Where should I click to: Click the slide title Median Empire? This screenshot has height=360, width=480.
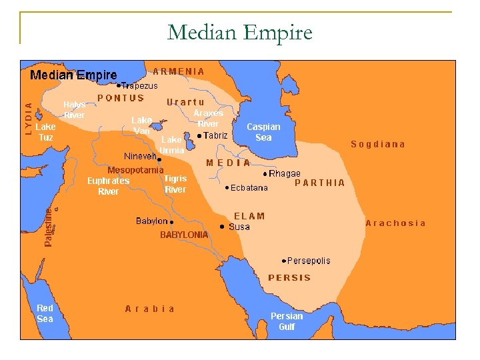pyautogui.click(x=239, y=31)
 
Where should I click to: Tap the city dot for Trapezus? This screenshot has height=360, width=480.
pyautogui.click(x=119, y=86)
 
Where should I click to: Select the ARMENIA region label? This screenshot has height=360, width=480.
pyautogui.click(x=179, y=71)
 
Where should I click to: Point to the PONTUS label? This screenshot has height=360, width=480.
pyautogui.click(x=121, y=98)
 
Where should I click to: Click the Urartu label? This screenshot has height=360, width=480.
pyautogui.click(x=185, y=102)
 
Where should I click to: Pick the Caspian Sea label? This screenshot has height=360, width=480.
pyautogui.click(x=263, y=131)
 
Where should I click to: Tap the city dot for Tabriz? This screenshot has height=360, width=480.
pyautogui.click(x=199, y=136)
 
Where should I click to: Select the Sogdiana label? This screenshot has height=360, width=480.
pyautogui.click(x=378, y=144)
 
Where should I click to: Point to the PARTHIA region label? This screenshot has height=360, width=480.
pyautogui.click(x=320, y=183)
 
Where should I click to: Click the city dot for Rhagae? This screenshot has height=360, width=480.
pyautogui.click(x=265, y=173)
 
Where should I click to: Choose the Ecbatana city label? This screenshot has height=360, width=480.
pyautogui.click(x=249, y=188)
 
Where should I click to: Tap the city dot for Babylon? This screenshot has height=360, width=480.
pyautogui.click(x=171, y=221)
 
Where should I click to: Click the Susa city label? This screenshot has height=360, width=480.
pyautogui.click(x=239, y=227)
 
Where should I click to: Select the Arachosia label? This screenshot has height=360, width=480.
pyautogui.click(x=395, y=223)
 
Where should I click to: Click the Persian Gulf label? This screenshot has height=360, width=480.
pyautogui.click(x=287, y=321)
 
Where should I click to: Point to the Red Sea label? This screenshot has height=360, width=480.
pyautogui.click(x=45, y=313)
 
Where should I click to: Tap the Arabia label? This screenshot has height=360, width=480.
pyautogui.click(x=150, y=309)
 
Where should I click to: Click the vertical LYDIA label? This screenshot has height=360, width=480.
pyautogui.click(x=28, y=119)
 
